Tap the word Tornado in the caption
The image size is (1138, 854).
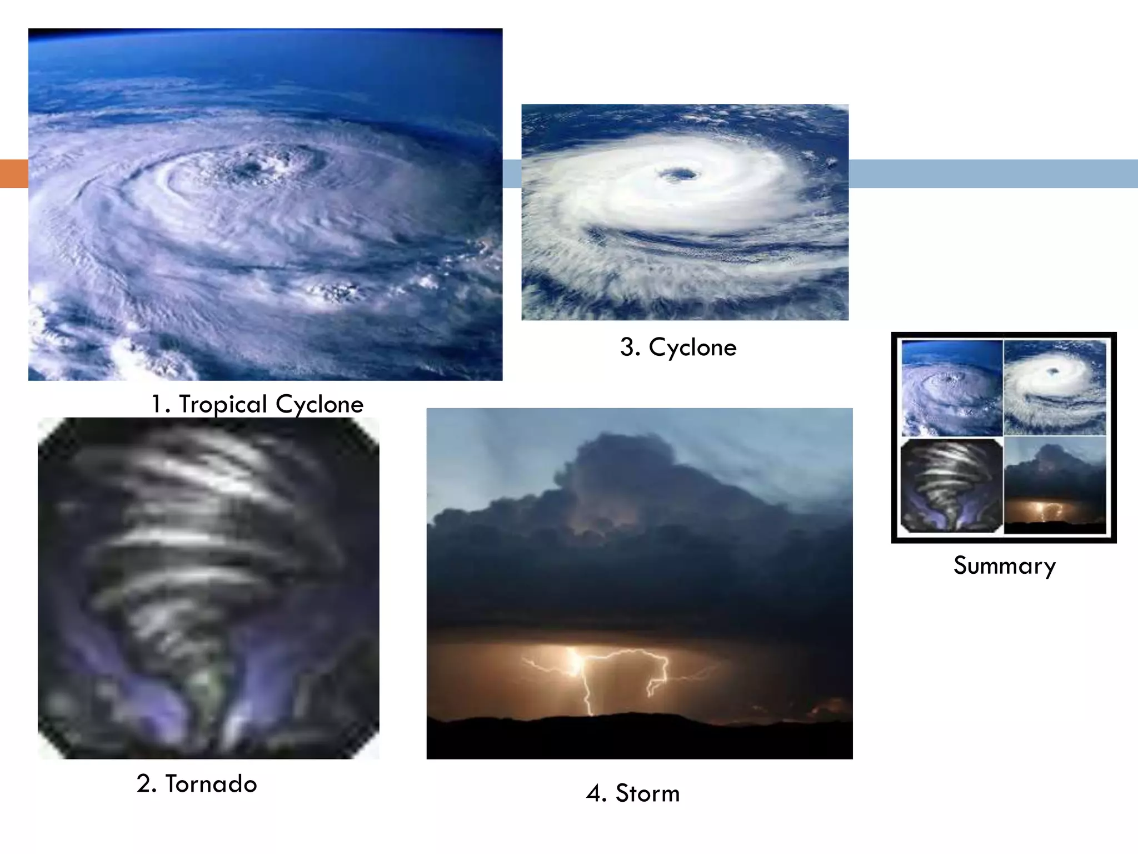pos(211,784)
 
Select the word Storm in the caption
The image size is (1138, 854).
pos(647,793)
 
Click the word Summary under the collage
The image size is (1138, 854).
pos(1005,566)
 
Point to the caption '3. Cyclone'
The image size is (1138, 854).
pos(678,347)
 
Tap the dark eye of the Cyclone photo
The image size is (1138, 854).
pos(678,175)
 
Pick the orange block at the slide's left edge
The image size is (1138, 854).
pos(14,173)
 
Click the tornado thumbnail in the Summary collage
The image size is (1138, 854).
pos(952,485)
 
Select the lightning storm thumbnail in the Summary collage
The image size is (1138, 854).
pos(1055,485)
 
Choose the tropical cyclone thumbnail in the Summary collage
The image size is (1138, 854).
pos(952,388)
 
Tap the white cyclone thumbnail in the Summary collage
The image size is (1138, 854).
pos(1055,388)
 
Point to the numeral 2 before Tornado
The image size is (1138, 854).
pos(144,784)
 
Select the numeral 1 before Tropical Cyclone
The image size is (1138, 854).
pos(158,405)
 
